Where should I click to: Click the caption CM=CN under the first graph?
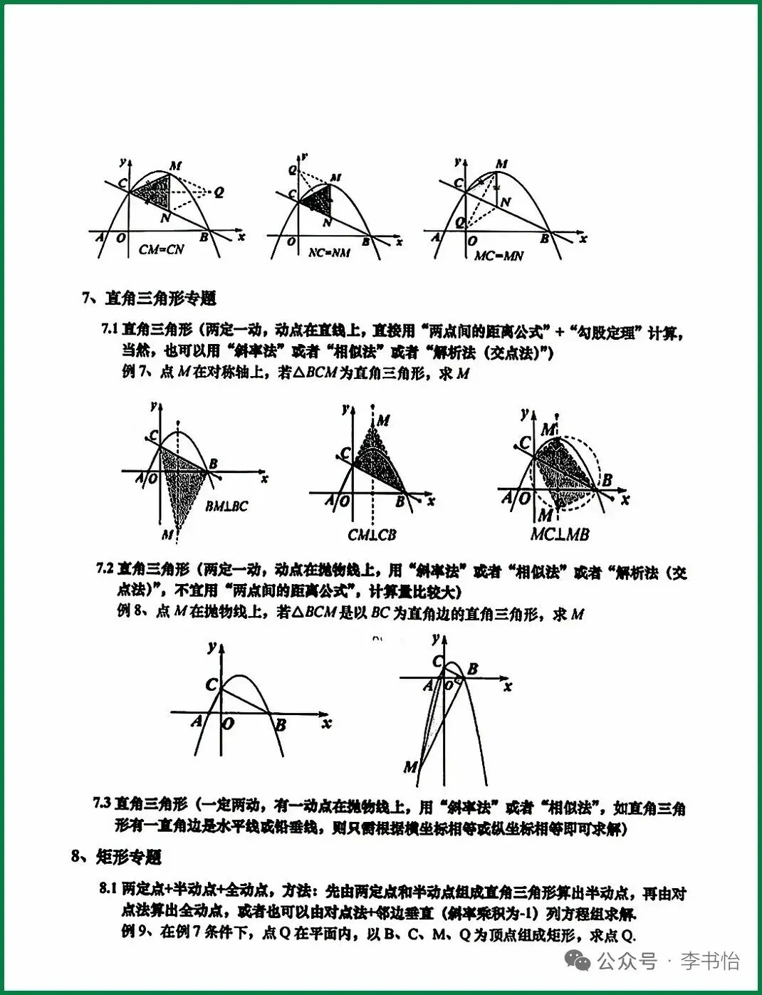161,249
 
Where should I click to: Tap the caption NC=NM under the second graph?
328,252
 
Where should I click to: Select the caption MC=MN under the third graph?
499,255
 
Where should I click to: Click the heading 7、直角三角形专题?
150,298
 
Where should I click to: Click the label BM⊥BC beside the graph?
226,506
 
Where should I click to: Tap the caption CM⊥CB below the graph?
372,534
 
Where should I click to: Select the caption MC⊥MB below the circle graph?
560,533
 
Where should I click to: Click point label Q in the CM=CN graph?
219,192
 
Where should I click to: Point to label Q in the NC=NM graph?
292,170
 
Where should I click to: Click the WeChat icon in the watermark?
578,962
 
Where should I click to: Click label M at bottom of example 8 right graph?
410,767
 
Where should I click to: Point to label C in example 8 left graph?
212,684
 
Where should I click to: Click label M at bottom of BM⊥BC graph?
167,534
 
